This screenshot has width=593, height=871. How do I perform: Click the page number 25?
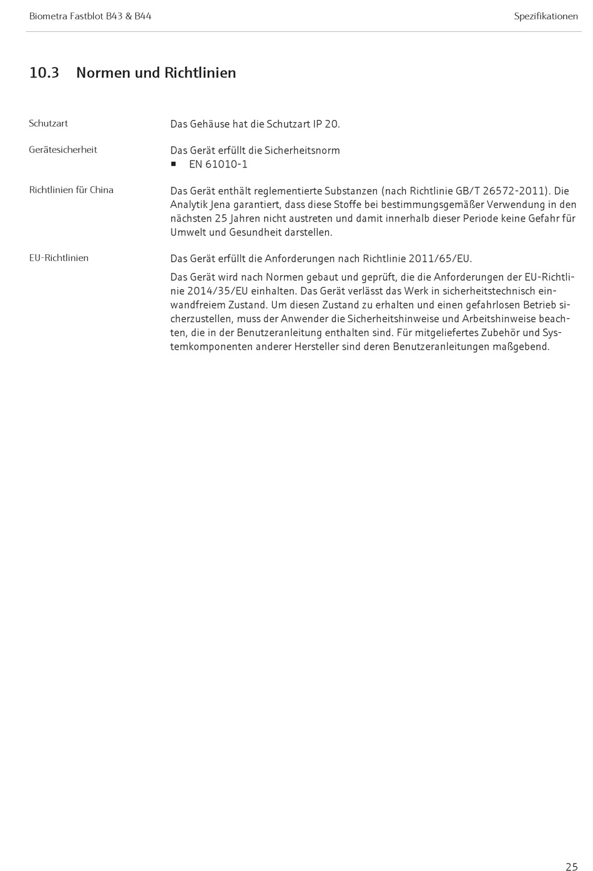pyautogui.click(x=571, y=866)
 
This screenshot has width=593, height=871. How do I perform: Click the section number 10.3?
pyautogui.click(x=44, y=73)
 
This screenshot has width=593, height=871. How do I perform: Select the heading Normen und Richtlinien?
pyautogui.click(x=156, y=73)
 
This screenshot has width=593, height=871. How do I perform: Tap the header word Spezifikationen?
pyautogui.click(x=546, y=16)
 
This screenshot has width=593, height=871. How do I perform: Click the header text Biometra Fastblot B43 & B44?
pyautogui.click(x=90, y=16)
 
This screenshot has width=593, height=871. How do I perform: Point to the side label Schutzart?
pyautogui.click(x=48, y=124)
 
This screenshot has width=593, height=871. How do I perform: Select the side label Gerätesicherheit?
pyautogui.click(x=63, y=150)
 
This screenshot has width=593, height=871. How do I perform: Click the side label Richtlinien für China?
pyautogui.click(x=71, y=190)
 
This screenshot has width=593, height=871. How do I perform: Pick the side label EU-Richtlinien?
pyautogui.click(x=59, y=258)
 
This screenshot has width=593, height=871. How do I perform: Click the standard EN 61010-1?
pyautogui.click(x=218, y=165)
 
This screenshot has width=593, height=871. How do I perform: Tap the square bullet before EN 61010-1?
pyautogui.click(x=174, y=164)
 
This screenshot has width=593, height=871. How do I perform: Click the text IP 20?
pyautogui.click(x=326, y=124)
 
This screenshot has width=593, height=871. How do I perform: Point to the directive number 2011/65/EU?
pyautogui.click(x=440, y=259)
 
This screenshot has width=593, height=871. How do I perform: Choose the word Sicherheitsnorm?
pyautogui.click(x=302, y=150)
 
